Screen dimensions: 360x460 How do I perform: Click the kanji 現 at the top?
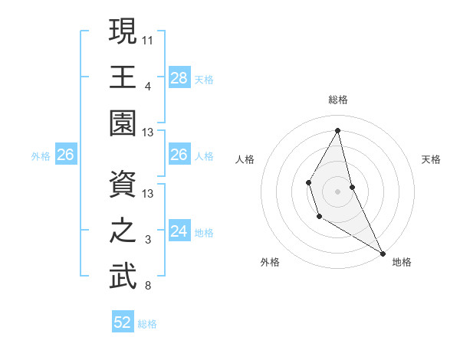(123, 31)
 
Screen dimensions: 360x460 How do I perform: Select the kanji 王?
(123, 77)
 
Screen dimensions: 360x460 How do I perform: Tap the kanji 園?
(123, 123)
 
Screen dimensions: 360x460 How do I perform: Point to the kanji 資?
(123, 184)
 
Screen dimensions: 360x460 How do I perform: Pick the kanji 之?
(123, 231)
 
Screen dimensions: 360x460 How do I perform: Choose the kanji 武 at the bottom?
(123, 276)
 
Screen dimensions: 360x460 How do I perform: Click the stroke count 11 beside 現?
(148, 39)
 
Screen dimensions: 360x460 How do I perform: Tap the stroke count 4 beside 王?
(147, 86)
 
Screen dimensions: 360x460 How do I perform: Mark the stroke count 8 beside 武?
(147, 286)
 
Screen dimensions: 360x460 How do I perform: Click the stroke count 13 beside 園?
(148, 133)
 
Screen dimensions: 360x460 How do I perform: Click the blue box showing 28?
(179, 77)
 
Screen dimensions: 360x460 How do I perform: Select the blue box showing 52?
(123, 322)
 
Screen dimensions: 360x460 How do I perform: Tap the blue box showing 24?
(179, 231)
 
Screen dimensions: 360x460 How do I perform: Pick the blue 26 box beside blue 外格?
(66, 155)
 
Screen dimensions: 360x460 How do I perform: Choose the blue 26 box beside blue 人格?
(179, 155)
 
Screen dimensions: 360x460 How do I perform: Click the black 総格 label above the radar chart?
(338, 100)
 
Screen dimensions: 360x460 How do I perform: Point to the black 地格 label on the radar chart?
(402, 262)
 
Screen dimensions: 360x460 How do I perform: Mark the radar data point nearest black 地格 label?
(383, 253)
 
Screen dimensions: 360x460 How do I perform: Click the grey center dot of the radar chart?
(337, 191)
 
